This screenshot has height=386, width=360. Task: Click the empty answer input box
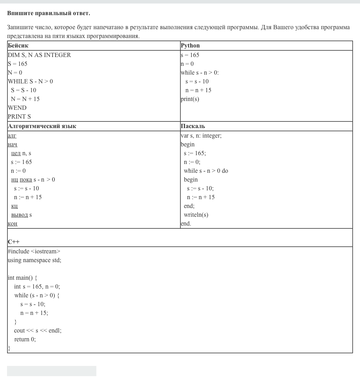tap(52, 371)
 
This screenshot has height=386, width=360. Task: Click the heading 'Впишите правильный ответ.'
tap(49, 13)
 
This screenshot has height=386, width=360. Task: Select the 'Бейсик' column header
tap(18, 46)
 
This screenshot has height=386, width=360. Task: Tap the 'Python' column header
tap(190, 46)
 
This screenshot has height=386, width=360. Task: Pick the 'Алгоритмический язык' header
tap(42, 126)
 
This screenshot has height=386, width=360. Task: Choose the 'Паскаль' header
tap(193, 126)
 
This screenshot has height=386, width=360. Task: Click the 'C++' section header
tap(14, 242)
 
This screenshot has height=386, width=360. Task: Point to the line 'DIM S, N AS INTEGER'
tap(39, 55)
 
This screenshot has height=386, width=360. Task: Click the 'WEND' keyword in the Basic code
tap(17, 108)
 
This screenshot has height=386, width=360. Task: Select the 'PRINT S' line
tap(19, 117)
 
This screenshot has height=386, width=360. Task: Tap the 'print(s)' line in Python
tap(190, 99)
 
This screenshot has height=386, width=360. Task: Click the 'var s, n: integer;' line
tap(201, 136)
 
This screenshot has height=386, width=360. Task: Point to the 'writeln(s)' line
tap(196, 215)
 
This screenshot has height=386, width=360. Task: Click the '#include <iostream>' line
tap(34, 252)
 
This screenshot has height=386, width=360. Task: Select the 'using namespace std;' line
tap(34, 260)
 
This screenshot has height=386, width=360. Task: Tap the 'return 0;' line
tap(25, 340)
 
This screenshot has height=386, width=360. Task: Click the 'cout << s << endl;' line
tap(38, 331)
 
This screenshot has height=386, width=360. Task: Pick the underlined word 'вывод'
tap(19, 215)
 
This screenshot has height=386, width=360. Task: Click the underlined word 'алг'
tap(12, 136)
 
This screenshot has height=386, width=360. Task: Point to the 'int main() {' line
tap(22, 278)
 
